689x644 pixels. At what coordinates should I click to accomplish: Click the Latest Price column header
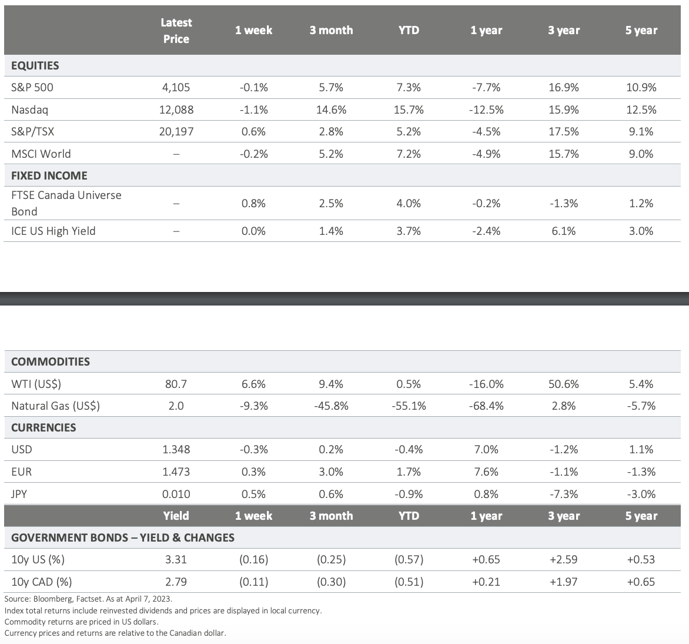176,31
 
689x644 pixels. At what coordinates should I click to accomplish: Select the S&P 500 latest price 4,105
176,88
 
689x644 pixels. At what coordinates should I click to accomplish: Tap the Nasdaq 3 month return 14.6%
331,109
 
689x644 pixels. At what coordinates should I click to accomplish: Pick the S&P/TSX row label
32,131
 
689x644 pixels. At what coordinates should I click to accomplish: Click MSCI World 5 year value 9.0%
641,154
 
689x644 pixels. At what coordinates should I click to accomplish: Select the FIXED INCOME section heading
49,175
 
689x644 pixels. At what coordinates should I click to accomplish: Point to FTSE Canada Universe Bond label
66,203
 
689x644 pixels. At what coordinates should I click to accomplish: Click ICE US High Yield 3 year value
564,231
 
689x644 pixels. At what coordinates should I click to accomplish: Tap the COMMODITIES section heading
51,361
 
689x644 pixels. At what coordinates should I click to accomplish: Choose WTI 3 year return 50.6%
564,384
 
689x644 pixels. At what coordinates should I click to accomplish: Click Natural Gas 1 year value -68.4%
486,406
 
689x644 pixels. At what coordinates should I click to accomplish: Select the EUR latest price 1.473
176,472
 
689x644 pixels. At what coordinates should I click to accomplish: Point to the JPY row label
19,494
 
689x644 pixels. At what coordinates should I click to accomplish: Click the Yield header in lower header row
176,516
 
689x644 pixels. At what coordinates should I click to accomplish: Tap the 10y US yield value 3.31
176,560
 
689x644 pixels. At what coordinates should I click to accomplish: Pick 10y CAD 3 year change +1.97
564,582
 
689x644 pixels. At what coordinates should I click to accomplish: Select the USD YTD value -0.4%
409,450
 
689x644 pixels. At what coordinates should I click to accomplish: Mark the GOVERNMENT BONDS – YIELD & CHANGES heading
123,537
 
